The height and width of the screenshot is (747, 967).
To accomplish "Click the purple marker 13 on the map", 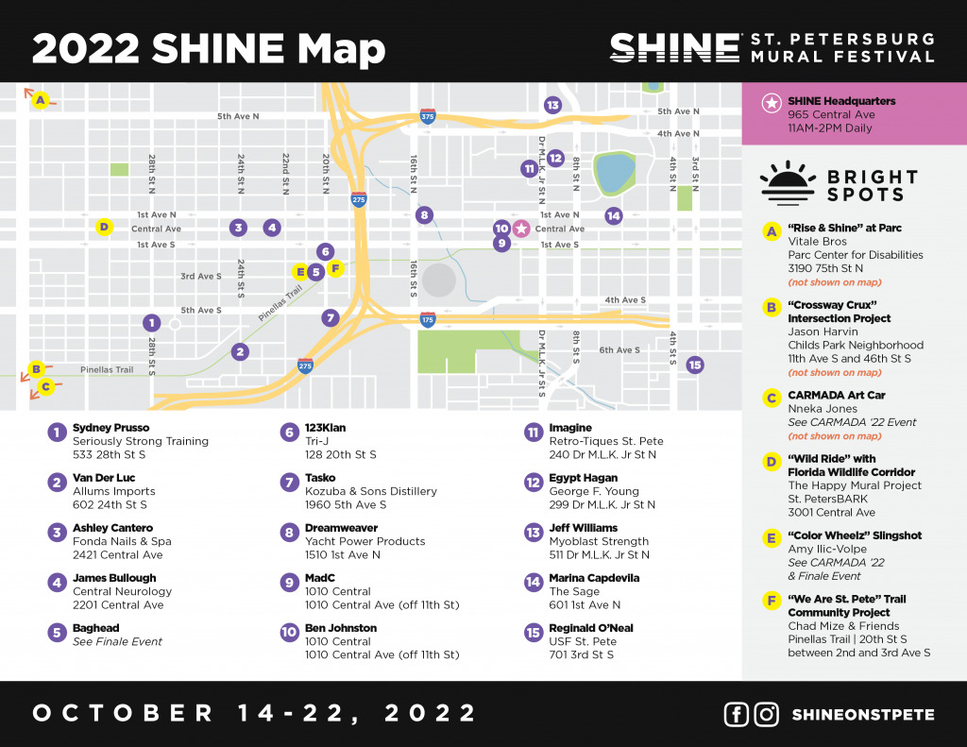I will (x=552, y=105).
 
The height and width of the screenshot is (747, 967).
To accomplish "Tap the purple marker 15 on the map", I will (x=695, y=365).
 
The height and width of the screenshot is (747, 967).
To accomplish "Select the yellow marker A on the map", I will (x=40, y=99).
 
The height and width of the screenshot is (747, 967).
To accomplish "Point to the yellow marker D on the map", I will (x=105, y=227).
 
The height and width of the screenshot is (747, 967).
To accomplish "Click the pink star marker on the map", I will (x=521, y=228).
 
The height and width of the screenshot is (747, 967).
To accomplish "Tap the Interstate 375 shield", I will (x=428, y=116).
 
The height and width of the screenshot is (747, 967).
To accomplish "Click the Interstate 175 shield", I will (x=428, y=319).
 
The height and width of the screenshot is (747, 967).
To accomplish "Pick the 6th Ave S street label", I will (x=619, y=349).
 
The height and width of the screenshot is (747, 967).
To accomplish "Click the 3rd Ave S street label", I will (x=200, y=277).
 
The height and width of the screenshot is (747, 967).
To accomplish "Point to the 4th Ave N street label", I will (x=680, y=134).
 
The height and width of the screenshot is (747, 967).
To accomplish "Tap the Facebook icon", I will (x=736, y=714).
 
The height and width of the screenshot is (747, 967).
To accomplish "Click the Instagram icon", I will (x=767, y=714).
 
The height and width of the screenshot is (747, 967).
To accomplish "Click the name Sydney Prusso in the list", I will (x=111, y=428).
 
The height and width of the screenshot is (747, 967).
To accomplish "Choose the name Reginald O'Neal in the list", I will (x=591, y=628).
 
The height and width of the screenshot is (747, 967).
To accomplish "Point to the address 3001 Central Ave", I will (x=831, y=513).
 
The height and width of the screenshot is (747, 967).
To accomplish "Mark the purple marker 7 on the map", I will (x=330, y=318).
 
